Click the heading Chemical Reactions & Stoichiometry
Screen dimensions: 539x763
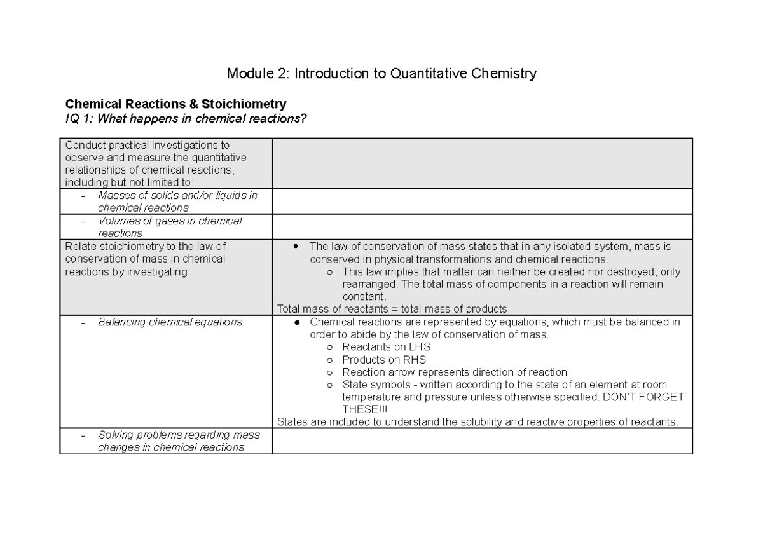click(x=176, y=104)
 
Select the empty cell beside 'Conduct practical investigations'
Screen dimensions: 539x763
click(x=481, y=163)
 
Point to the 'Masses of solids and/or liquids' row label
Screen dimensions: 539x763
click(x=177, y=201)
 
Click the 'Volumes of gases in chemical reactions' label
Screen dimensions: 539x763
click(x=169, y=227)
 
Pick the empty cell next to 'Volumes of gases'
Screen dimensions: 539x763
click(x=481, y=227)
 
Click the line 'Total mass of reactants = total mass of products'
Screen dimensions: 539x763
click(x=392, y=309)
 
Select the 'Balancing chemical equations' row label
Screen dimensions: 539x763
click(x=170, y=322)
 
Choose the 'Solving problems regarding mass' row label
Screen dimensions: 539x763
click(x=174, y=435)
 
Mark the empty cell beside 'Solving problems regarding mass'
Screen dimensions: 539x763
click(x=481, y=441)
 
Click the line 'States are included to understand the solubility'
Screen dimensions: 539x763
click(x=478, y=421)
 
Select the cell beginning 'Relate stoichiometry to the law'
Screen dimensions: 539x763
click(x=145, y=259)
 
